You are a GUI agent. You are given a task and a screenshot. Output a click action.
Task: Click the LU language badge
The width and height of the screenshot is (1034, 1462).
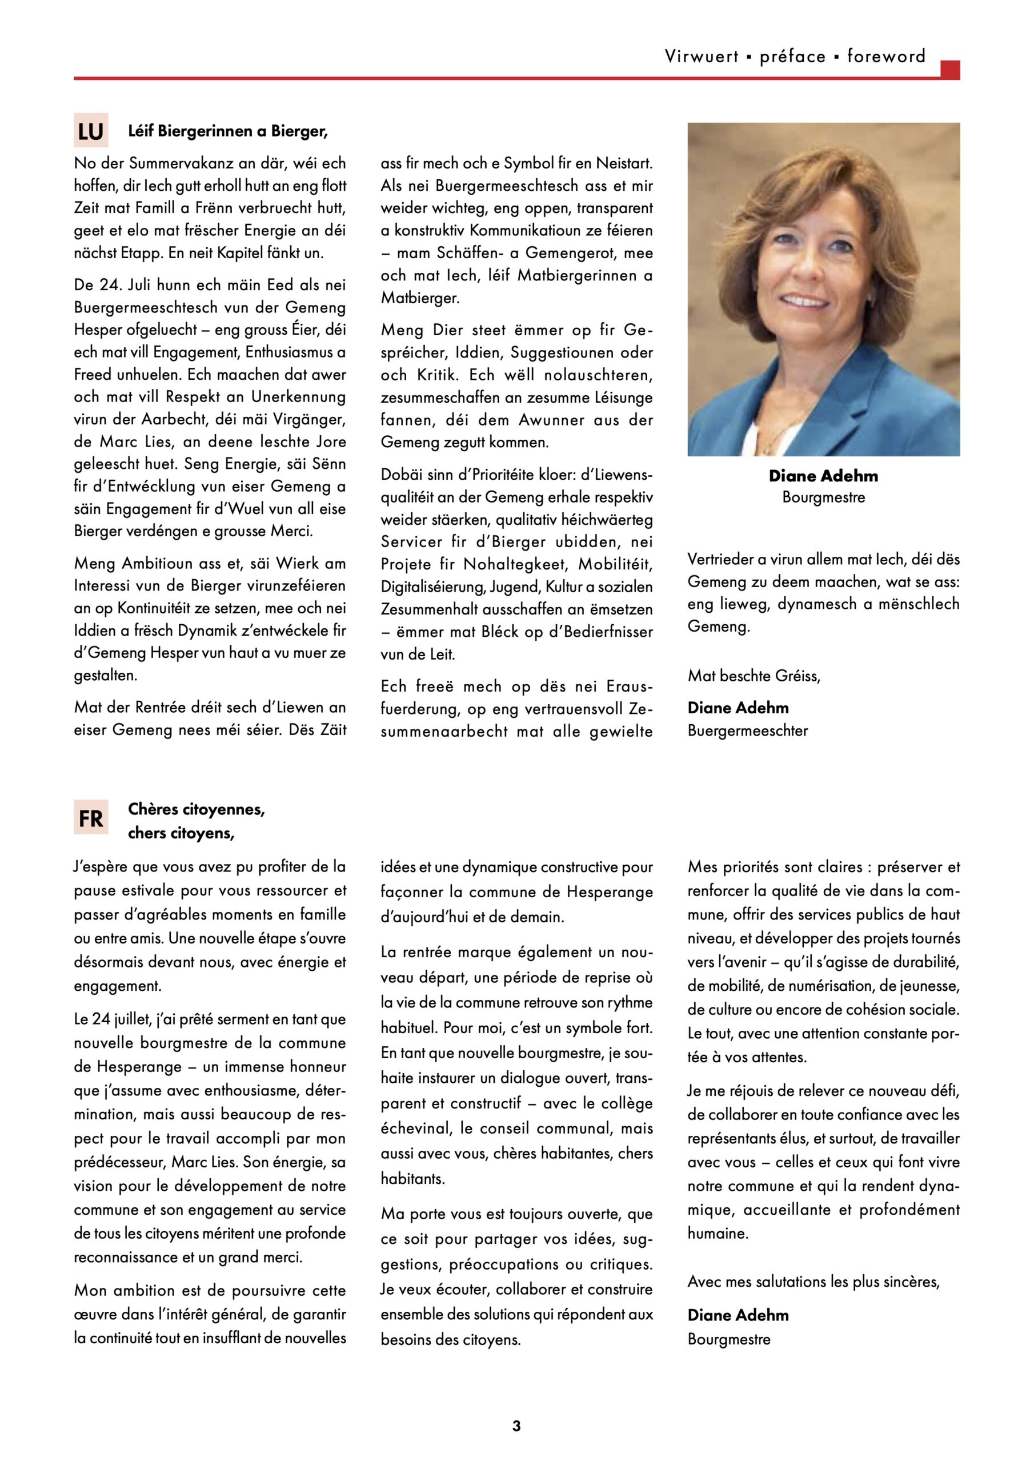coord(90,131)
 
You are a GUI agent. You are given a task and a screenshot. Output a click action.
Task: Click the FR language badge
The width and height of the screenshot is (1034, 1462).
coord(90,817)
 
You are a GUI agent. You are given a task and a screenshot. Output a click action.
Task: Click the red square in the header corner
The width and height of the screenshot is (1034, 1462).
coord(950,70)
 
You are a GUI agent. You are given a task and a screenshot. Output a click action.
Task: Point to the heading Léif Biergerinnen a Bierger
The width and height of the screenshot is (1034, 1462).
coord(227,131)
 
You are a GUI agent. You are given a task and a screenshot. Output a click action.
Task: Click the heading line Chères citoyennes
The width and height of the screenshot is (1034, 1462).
coord(196,809)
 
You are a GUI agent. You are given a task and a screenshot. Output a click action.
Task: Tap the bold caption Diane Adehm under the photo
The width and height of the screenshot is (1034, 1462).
coord(823,476)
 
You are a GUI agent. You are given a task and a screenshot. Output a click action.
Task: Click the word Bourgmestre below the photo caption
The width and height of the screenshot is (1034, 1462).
coord(823,497)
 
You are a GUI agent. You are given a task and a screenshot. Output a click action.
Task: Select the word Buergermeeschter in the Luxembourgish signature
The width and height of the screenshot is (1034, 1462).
coord(747,730)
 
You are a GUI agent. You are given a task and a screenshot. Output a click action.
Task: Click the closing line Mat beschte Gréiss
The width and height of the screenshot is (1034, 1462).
coord(754,676)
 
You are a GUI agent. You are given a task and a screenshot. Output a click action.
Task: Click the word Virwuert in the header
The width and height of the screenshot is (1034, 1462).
coord(702,57)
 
